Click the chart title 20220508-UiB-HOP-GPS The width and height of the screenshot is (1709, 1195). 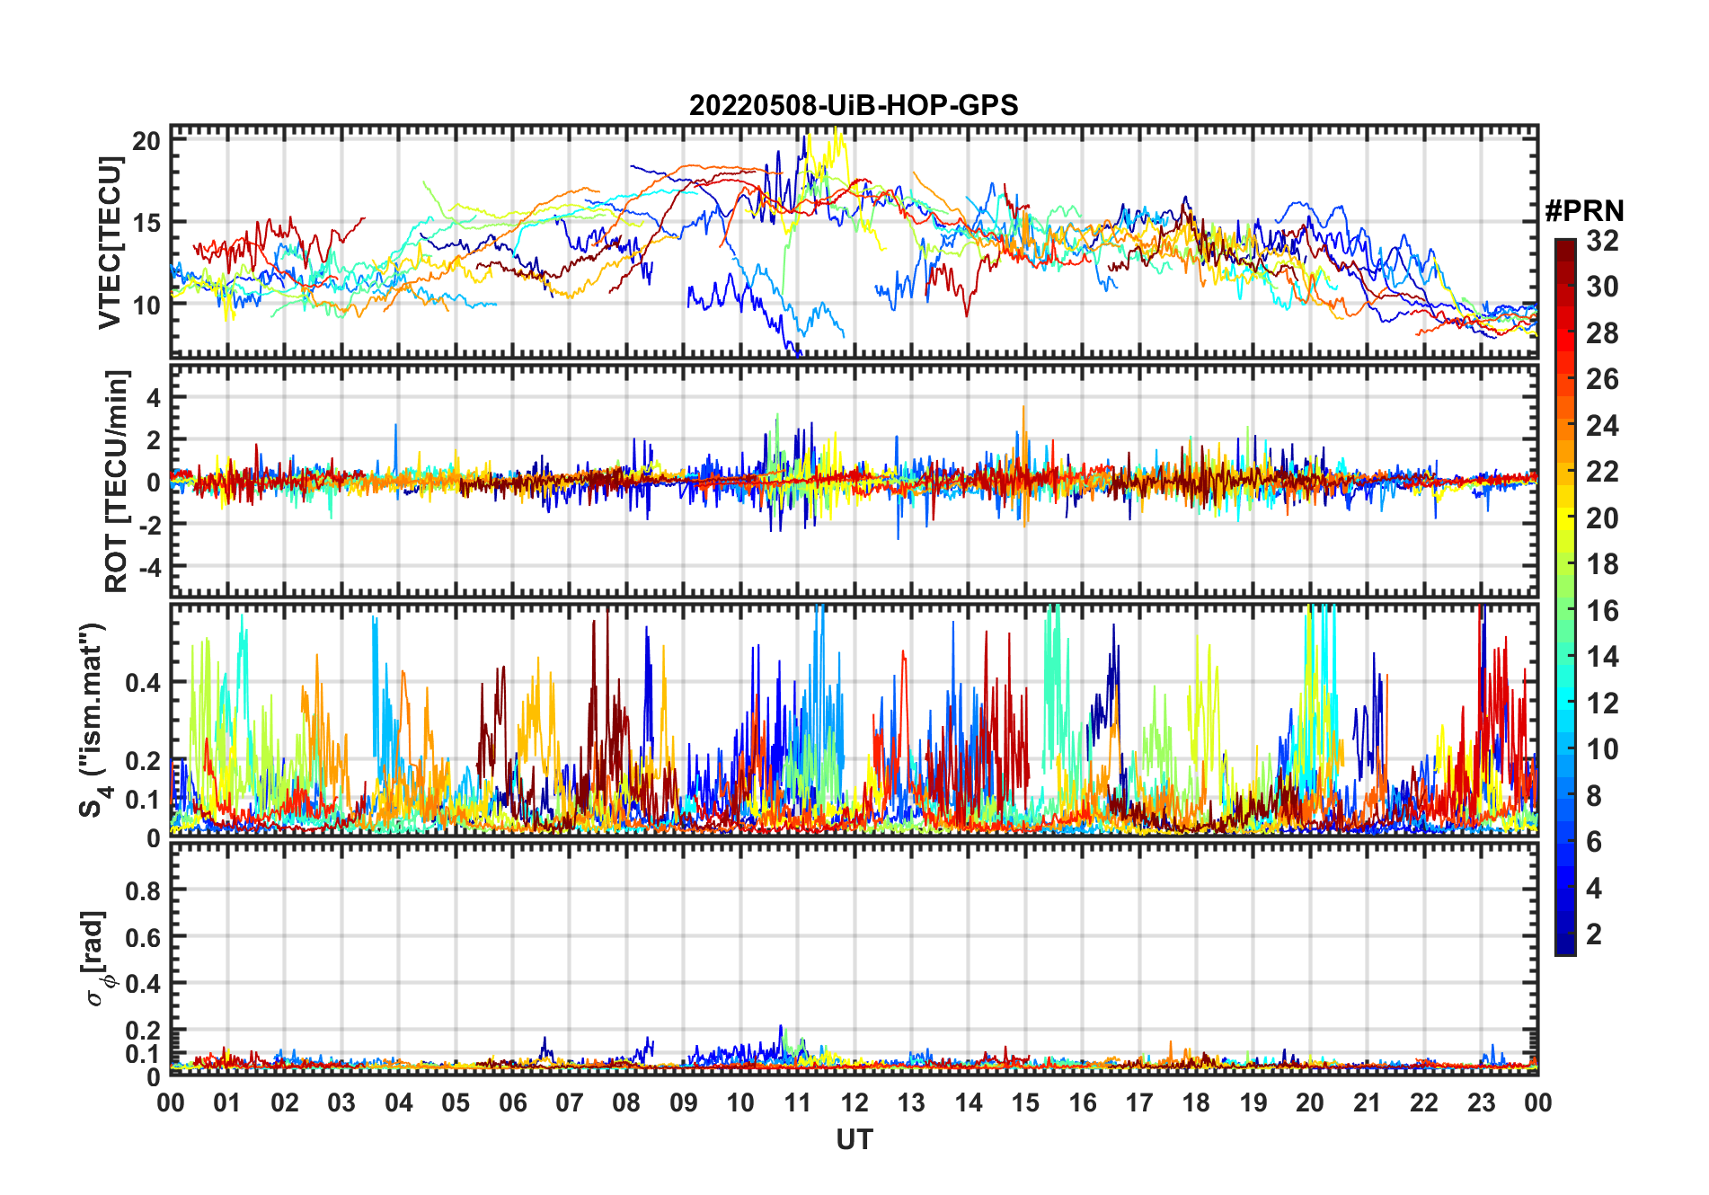(854, 106)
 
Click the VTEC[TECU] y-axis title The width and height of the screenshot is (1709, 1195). (110, 243)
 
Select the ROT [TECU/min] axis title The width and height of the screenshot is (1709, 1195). (116, 481)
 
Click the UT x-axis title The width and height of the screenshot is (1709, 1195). (854, 1140)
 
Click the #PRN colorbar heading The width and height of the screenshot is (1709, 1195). (1584, 211)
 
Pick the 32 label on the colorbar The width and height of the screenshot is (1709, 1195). (1602, 241)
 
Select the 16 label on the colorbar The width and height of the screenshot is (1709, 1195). (1602, 611)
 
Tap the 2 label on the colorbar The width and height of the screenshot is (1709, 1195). (1594, 934)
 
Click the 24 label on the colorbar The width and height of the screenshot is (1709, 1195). (1602, 426)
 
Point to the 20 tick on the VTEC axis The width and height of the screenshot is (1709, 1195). (146, 141)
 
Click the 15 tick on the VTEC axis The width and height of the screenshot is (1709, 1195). (146, 223)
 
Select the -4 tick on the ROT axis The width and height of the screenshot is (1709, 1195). (148, 568)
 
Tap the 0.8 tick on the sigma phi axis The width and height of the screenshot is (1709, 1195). (142, 890)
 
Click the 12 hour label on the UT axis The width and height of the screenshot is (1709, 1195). (854, 1103)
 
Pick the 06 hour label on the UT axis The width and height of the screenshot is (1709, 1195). (513, 1103)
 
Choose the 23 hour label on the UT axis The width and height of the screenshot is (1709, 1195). (1481, 1103)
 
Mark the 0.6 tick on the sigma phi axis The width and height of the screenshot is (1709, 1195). (142, 937)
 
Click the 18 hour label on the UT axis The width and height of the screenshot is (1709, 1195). (1196, 1103)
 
